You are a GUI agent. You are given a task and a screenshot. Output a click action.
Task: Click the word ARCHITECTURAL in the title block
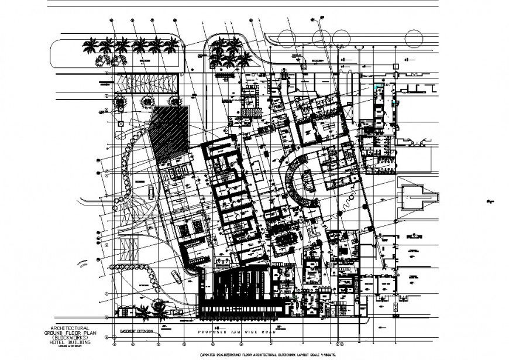[69, 328]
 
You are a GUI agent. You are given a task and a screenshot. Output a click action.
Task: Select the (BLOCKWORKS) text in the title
[69, 338]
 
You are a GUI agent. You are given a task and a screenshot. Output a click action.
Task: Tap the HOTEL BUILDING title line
[69, 343]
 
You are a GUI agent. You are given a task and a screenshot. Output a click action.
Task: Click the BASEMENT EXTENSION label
[136, 331]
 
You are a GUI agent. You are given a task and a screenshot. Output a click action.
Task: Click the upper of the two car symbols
[152, 191]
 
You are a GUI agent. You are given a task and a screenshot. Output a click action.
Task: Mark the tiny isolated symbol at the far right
[489, 202]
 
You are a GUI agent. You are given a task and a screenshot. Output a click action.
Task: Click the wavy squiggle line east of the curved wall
[345, 205]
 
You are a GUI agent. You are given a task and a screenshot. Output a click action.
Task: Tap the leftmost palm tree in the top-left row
[91, 45]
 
